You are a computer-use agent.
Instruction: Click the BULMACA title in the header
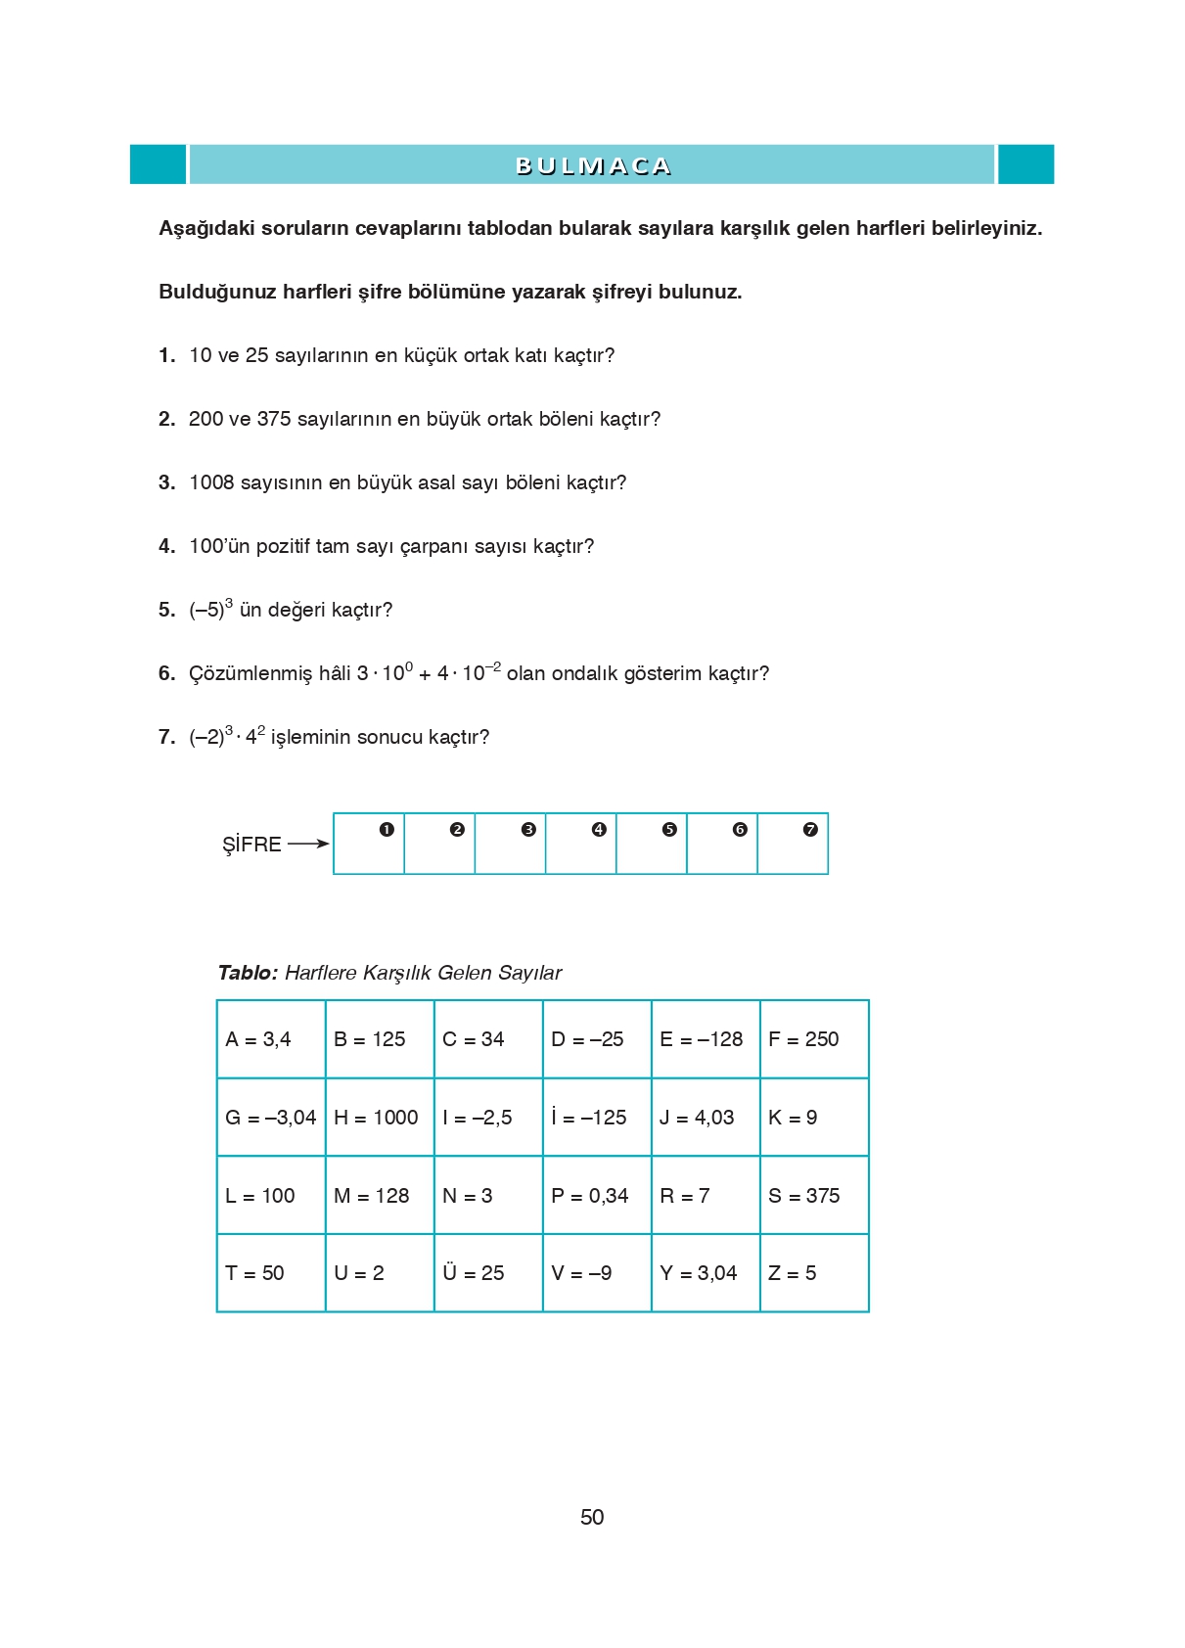[x=592, y=165]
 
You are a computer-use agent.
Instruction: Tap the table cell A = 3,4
[x=271, y=1039]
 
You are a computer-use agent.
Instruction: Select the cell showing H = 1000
[x=379, y=1118]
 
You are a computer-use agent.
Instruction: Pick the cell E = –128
[x=705, y=1039]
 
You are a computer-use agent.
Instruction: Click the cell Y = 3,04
[x=705, y=1273]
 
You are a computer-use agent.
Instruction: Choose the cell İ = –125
[x=596, y=1118]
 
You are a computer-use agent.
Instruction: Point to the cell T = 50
[x=271, y=1273]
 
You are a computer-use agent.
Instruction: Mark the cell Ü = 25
[x=487, y=1273]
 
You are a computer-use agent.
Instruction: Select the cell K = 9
[x=813, y=1118]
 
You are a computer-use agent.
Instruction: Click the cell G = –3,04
[x=271, y=1118]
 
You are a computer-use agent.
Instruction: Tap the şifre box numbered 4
[x=581, y=844]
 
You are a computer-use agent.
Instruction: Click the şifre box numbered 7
[x=793, y=844]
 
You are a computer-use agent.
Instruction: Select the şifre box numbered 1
[x=369, y=844]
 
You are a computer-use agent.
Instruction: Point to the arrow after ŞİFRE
[x=308, y=844]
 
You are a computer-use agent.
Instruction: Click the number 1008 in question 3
[x=211, y=482]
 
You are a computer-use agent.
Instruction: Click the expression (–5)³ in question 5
[x=210, y=609]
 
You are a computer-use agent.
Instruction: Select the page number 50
[x=592, y=1517]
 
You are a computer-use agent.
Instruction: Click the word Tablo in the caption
[x=248, y=973]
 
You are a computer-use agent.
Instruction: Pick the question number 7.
[x=166, y=737]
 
